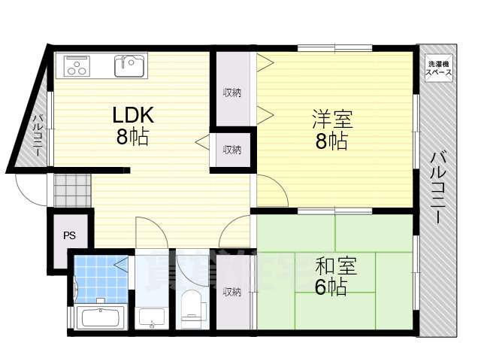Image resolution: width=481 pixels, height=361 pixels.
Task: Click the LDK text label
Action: coord(133,116)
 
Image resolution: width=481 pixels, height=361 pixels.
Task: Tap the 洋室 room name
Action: coord(331,119)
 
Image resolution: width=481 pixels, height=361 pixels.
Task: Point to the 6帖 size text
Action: coord(331,286)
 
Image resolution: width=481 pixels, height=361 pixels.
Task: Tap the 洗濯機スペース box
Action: coord(440,69)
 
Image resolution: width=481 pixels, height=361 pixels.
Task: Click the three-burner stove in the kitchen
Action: coord(79,66)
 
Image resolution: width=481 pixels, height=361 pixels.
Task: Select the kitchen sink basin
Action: coord(129,65)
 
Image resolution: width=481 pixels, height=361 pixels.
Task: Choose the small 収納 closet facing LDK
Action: coord(231,150)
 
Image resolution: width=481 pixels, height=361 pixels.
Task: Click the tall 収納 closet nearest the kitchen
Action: coord(231,93)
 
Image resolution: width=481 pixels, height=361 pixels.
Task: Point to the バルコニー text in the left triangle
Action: coord(35,136)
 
